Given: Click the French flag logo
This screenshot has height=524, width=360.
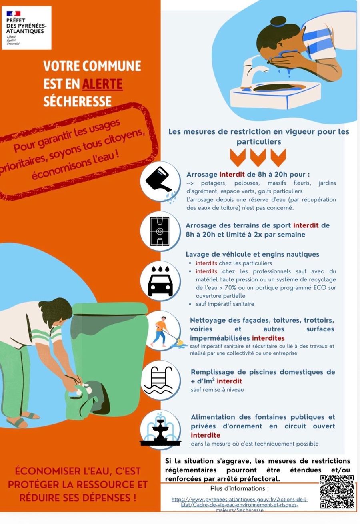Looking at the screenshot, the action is coord(14,14).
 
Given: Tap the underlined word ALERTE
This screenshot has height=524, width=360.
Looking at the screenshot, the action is coord(102,84).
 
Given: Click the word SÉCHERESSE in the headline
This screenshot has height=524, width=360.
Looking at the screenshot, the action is coord(77,101).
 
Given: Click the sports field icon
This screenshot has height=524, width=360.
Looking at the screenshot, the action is coord(160,231).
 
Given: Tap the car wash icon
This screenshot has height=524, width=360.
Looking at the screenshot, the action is coord(160,281).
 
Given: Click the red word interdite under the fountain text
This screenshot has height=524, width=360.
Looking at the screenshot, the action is coord(206,435).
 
